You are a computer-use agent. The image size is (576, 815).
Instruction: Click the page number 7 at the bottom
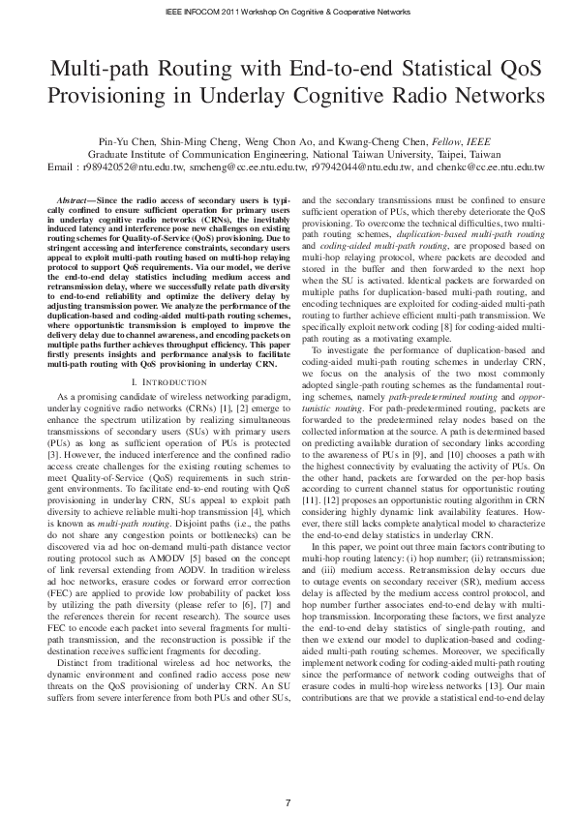[x=288, y=775]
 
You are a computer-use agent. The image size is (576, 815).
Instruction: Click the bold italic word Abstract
[x=77, y=198]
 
